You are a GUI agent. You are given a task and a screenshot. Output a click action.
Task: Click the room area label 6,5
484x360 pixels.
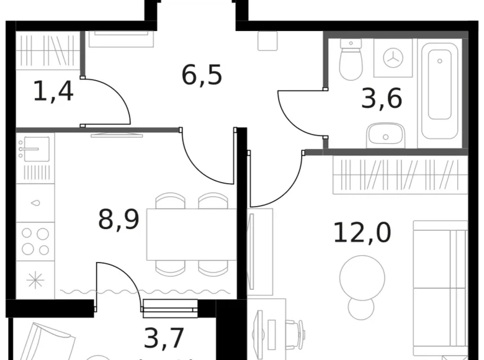(x=202, y=74)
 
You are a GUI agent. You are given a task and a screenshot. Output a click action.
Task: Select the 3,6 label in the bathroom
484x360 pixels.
(x=382, y=98)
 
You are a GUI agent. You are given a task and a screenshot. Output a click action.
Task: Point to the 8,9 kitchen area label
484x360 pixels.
(x=118, y=219)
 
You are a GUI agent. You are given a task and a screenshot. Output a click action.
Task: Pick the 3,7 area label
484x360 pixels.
(x=164, y=339)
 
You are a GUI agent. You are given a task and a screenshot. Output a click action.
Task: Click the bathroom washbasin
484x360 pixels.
(x=385, y=135)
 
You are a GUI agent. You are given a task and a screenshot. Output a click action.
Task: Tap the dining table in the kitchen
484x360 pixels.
(x=191, y=234)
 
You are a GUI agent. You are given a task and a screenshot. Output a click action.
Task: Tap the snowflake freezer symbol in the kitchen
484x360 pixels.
(x=35, y=281)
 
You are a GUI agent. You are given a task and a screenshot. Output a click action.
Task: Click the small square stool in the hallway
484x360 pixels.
(x=268, y=41)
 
